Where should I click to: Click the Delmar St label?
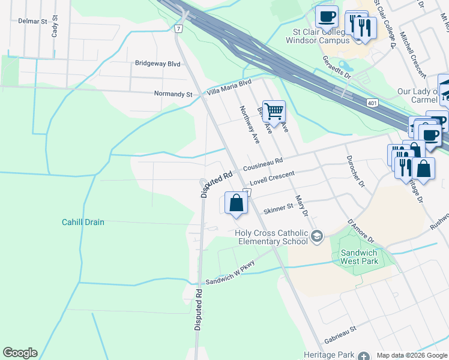[32, 21]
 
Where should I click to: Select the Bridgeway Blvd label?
[157, 63]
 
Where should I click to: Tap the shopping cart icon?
[274, 111]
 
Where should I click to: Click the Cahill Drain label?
[83, 222]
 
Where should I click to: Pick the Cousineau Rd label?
[262, 165]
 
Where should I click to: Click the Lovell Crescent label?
[273, 178]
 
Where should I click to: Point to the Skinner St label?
[278, 208]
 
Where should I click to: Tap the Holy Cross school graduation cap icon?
[316, 237]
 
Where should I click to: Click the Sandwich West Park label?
[359, 256]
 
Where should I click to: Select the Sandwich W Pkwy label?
[231, 272]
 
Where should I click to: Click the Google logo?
[20, 353]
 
